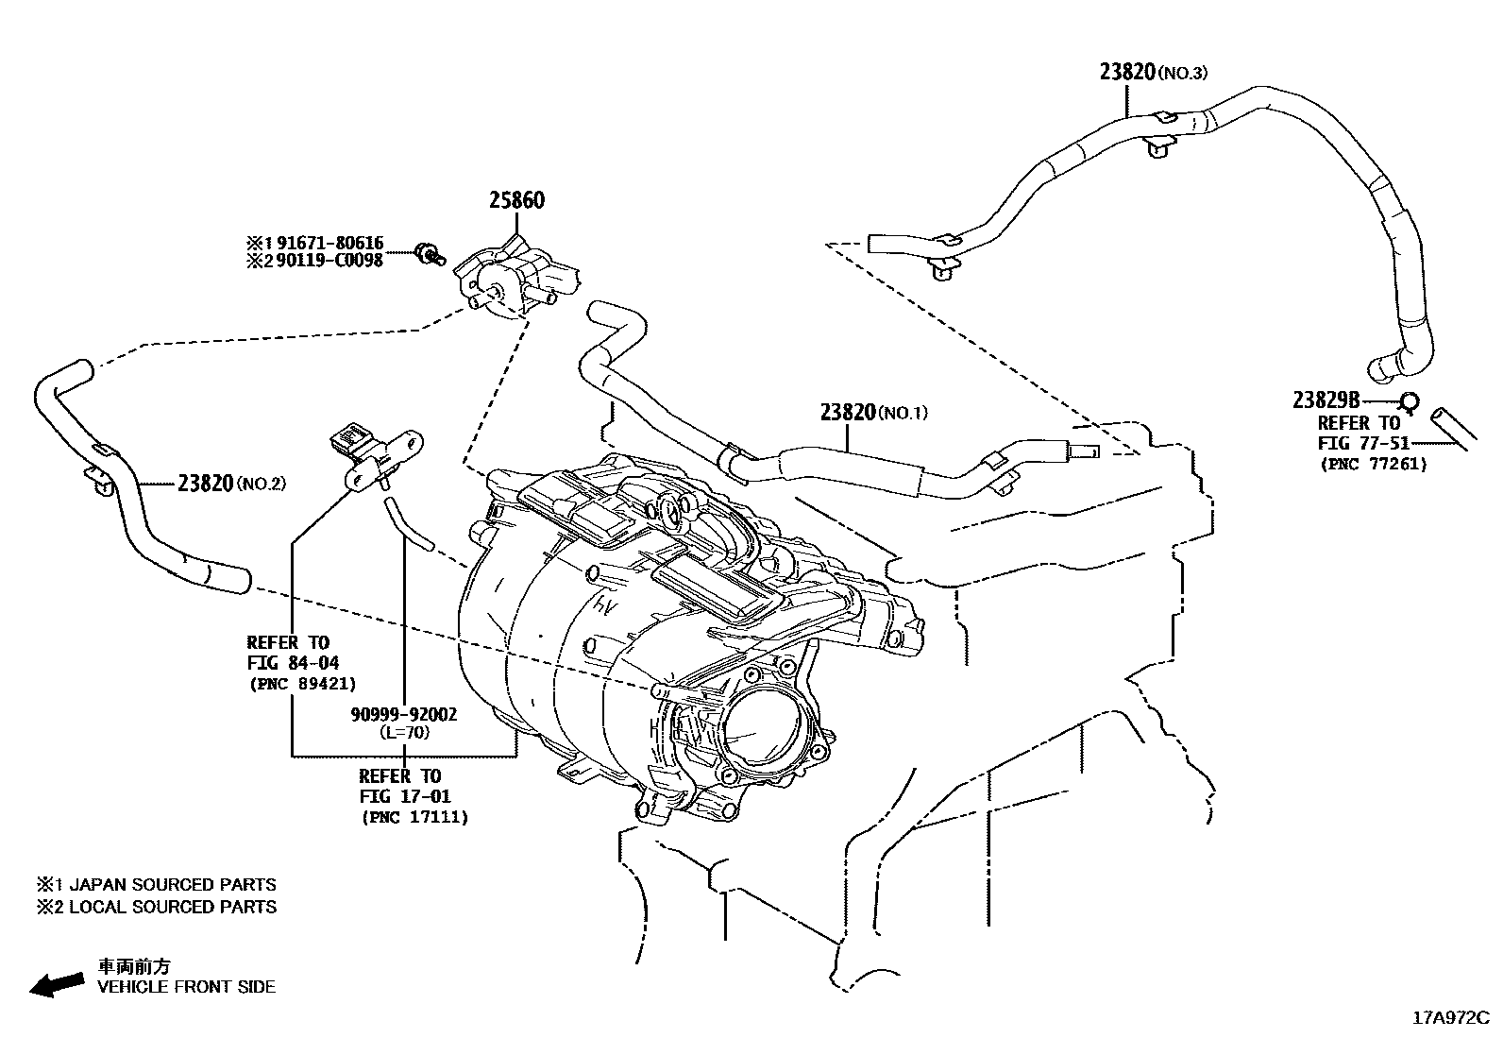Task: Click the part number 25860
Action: (515, 200)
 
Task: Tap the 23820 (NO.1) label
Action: (874, 412)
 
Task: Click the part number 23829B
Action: (1326, 400)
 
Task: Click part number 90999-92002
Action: (403, 715)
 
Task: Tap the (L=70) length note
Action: (404, 732)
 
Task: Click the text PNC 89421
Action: (302, 684)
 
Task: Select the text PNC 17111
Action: (414, 817)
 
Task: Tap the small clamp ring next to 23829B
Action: (1408, 402)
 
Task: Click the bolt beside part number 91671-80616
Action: (431, 253)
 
